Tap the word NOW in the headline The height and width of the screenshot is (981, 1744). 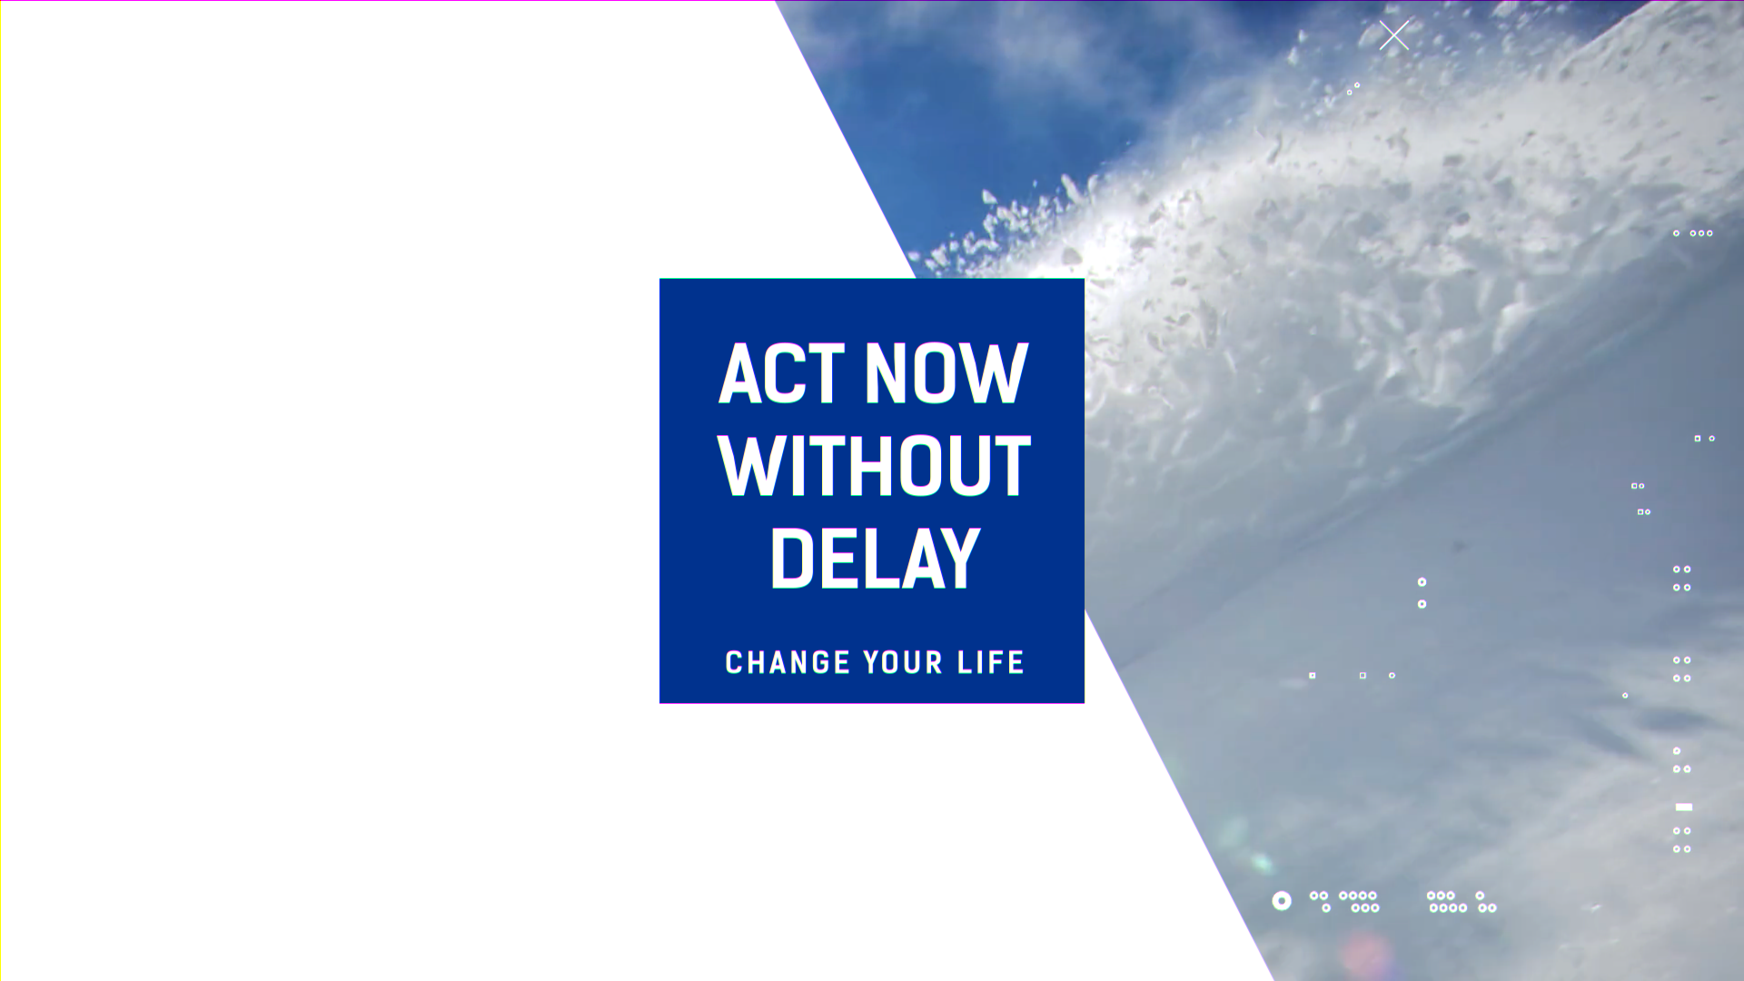946,373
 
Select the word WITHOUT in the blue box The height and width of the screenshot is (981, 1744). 874,465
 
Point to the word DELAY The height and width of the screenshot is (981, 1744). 875,558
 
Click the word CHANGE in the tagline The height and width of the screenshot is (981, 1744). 788,662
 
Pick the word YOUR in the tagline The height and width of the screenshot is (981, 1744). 904,662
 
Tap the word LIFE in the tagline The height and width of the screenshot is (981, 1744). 991,662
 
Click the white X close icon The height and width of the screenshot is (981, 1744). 1394,35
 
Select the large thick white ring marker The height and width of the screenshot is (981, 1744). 1282,901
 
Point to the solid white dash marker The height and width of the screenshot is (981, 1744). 1684,807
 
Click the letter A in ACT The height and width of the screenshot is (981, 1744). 740,373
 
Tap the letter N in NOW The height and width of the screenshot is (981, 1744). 887,373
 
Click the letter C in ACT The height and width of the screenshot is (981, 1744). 785,373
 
